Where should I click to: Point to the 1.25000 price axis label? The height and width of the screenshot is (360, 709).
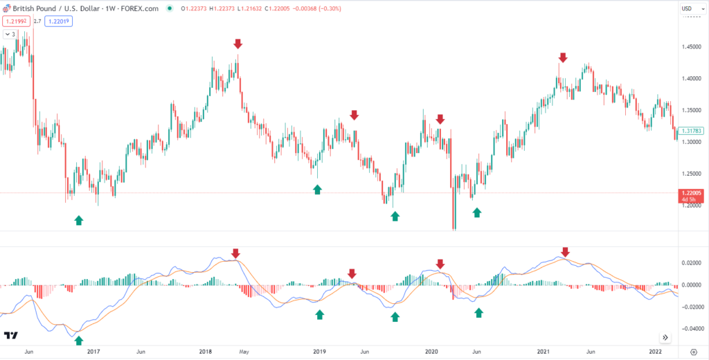[692, 173]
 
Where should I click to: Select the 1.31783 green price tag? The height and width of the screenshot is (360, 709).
[692, 130]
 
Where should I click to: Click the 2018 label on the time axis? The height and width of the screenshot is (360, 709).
[206, 352]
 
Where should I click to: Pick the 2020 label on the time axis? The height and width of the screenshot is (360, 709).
[431, 352]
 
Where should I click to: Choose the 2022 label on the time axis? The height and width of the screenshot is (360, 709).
[656, 352]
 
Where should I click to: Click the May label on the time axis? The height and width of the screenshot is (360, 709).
[243, 352]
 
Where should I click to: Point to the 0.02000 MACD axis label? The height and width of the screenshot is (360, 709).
[692, 263]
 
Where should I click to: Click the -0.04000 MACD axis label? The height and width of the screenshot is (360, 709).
[692, 329]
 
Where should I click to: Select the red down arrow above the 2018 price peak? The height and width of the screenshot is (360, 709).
[237, 44]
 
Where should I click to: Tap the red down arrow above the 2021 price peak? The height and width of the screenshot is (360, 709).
[563, 57]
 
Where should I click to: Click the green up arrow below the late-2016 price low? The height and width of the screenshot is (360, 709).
[78, 220]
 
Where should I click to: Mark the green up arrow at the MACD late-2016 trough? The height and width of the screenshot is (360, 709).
[78, 340]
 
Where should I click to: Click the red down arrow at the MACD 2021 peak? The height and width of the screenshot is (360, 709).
[565, 252]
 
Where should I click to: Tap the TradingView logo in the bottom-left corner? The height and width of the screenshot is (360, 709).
[10, 336]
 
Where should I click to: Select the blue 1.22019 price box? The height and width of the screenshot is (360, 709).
[60, 21]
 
